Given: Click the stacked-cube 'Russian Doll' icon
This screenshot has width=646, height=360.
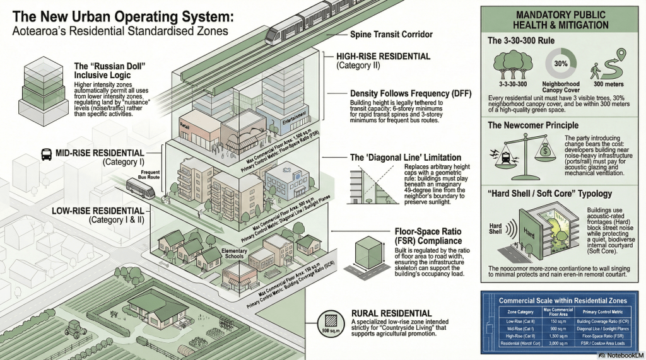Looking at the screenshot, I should [x=42, y=81].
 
